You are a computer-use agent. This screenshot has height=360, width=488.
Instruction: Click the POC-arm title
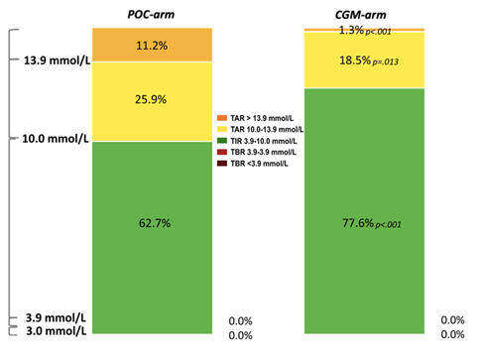(x=151, y=15)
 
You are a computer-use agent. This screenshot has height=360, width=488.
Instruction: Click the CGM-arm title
(x=360, y=15)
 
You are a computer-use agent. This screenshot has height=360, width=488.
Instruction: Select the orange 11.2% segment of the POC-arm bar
(x=152, y=45)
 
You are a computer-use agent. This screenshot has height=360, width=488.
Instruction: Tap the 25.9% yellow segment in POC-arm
(x=152, y=102)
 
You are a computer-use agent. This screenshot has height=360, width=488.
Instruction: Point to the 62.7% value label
(x=155, y=223)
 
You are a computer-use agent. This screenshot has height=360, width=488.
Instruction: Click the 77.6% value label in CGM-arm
(x=358, y=223)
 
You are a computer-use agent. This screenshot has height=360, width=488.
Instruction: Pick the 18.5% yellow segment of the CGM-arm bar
(x=364, y=60)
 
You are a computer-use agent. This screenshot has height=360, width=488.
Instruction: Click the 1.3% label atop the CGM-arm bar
(x=351, y=30)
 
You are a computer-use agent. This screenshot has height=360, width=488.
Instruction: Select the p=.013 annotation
(x=386, y=61)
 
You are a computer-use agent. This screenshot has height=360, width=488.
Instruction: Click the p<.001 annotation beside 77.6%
(x=388, y=225)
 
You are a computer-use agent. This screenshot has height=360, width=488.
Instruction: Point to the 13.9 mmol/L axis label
(x=57, y=60)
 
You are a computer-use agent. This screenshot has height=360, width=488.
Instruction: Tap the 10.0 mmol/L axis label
(x=56, y=139)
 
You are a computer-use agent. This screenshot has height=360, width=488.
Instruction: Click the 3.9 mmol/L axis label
(x=56, y=317)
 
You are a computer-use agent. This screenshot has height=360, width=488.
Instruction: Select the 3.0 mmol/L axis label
(x=57, y=330)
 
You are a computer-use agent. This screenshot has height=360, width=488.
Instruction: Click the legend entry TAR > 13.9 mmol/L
(x=255, y=118)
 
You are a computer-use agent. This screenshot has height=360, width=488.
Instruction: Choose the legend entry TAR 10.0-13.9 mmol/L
(x=260, y=129)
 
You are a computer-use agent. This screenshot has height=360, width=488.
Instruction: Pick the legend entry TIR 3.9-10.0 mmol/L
(x=257, y=141)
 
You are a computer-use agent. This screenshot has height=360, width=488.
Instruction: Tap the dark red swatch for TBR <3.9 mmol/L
(x=222, y=164)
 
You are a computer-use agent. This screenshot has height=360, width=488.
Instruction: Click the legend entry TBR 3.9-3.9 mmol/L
(x=257, y=152)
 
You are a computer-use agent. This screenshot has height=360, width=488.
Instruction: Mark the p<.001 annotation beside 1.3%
(x=379, y=32)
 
